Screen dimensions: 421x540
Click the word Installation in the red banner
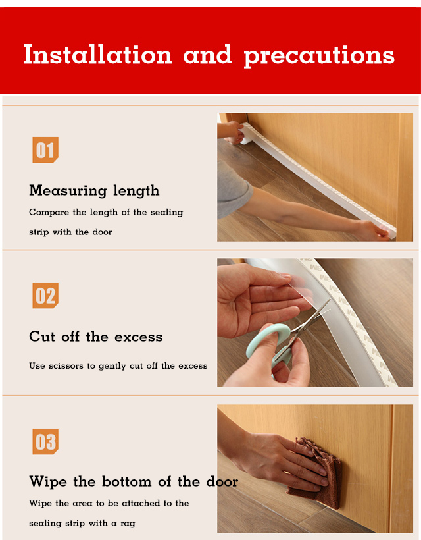[97, 54]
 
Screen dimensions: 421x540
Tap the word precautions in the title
[319, 56]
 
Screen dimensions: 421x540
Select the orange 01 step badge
[45, 149]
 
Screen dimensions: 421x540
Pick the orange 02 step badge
[45, 296]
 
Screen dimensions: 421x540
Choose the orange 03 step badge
[45, 441]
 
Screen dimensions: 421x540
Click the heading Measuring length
[94, 191]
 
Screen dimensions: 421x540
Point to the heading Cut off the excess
[95, 337]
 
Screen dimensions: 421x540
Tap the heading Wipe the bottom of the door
[134, 481]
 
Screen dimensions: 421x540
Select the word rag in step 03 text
[128, 524]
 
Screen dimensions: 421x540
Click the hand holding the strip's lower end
[373, 230]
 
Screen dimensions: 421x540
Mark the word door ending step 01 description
[102, 232]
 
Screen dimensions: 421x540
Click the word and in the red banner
[207, 55]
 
